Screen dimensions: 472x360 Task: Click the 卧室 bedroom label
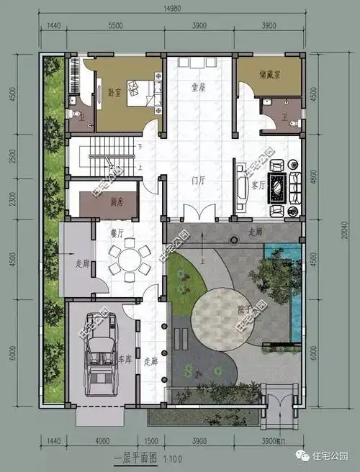coord(114,92)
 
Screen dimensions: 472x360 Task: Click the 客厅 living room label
coord(258,184)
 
